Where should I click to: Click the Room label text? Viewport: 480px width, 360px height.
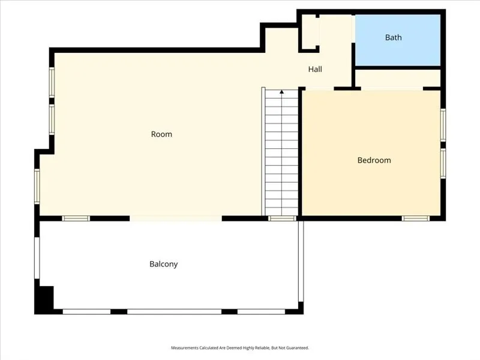(161, 134)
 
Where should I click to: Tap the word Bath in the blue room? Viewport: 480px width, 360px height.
(393, 37)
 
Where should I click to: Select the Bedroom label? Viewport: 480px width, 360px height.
(374, 160)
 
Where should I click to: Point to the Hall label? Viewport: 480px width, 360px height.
(315, 70)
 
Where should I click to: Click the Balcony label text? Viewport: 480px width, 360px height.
(163, 264)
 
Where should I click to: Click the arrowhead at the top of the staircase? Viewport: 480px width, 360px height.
(282, 92)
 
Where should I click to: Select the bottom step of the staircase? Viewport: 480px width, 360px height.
(282, 211)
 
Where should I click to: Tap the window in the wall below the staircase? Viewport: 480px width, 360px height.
(282, 218)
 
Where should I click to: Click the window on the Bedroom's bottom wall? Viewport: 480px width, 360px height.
(415, 218)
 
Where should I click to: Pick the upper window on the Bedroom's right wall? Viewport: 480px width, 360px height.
(443, 124)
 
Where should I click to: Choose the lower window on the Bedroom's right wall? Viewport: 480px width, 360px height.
(443, 163)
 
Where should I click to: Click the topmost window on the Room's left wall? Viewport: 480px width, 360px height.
(52, 82)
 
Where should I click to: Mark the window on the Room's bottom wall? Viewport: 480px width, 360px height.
(76, 218)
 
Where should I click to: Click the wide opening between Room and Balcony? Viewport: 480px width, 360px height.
(175, 218)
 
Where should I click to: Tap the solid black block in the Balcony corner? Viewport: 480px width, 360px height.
(45, 298)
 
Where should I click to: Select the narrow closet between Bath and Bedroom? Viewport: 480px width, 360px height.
(398, 79)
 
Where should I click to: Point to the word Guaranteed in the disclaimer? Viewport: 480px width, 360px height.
(294, 348)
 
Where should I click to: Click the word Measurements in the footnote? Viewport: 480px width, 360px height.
(187, 348)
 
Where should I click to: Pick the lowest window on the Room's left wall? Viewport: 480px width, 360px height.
(37, 186)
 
